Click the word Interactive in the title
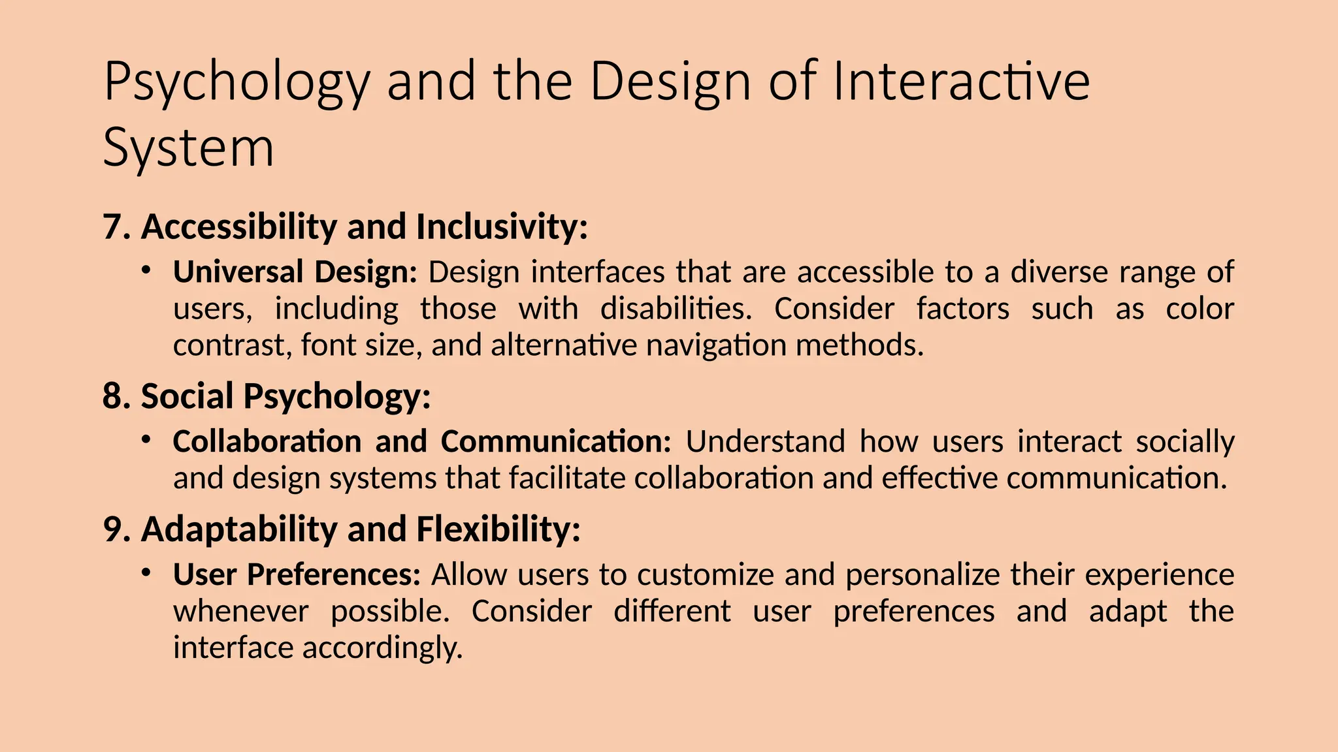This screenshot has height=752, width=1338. [x=961, y=82]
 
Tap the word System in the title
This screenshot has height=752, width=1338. [x=188, y=149]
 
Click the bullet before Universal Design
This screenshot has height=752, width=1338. [x=146, y=270]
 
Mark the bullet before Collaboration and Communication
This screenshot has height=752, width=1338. [x=146, y=439]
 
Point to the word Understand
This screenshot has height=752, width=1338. [x=765, y=442]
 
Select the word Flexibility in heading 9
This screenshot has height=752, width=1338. [x=498, y=529]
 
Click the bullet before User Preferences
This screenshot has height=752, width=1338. [x=146, y=572]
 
